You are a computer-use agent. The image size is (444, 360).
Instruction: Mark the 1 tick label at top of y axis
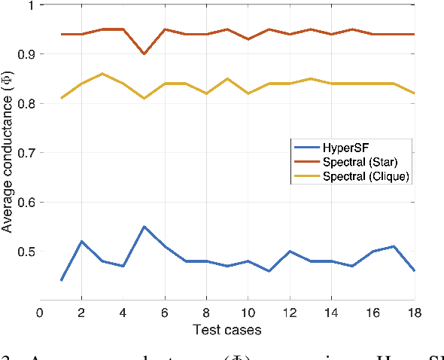[30, 5]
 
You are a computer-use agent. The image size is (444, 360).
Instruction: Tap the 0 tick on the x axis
[40, 313]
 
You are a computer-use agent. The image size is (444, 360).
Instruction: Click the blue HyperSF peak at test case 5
[144, 227]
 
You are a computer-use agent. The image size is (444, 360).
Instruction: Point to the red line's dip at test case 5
[144, 54]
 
